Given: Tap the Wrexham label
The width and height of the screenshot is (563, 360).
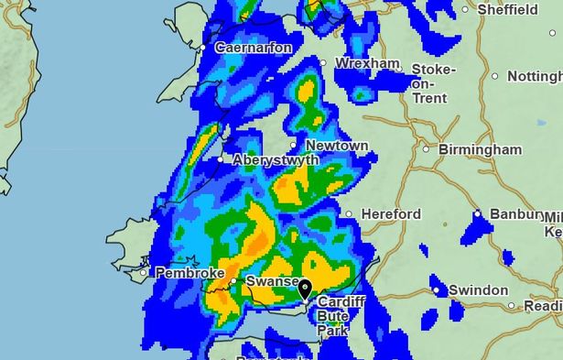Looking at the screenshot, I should click(x=367, y=63).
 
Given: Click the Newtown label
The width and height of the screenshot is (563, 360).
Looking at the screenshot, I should click(x=336, y=146).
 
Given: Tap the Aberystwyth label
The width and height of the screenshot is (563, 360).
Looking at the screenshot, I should click(x=276, y=159).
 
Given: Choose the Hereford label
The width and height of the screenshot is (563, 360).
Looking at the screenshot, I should click(x=389, y=214).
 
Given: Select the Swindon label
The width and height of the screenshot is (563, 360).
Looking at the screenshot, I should click(x=478, y=290).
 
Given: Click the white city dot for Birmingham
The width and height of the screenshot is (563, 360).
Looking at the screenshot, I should click(x=426, y=148).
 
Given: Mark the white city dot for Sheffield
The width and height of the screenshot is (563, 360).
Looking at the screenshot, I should click(x=466, y=10).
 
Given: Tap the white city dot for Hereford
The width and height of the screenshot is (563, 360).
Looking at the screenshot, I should click(x=348, y=214).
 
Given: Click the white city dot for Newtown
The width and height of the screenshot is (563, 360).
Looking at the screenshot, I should click(x=294, y=145).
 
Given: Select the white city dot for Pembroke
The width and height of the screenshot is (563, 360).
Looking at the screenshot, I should click(x=144, y=273).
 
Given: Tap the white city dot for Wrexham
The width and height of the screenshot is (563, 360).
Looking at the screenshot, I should click(x=322, y=62).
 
